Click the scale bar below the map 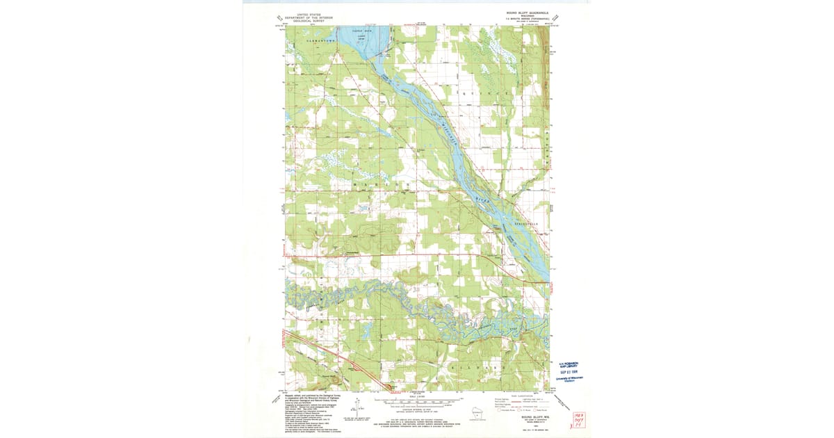pos(417,401)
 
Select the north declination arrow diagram pos(357,405)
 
